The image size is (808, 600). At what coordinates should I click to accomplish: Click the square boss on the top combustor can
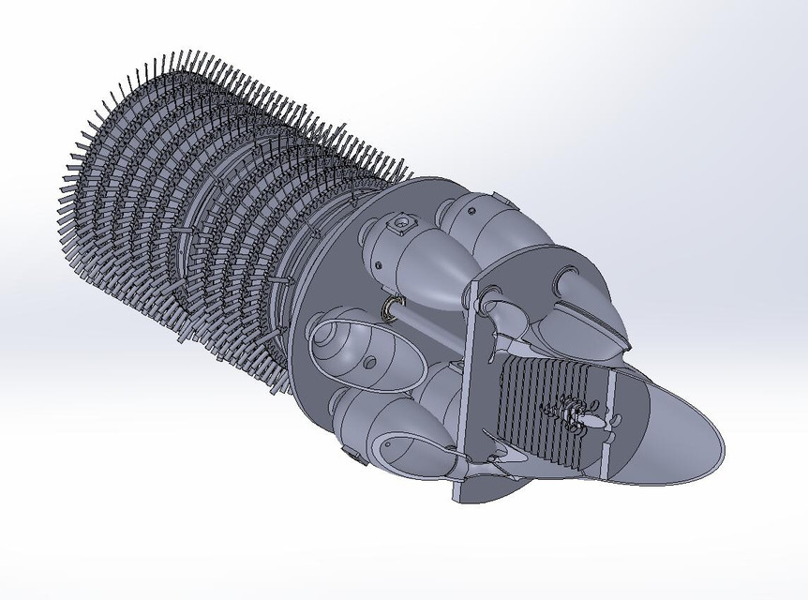click(x=404, y=224)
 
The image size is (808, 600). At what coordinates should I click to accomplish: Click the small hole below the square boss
click(x=378, y=265)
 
